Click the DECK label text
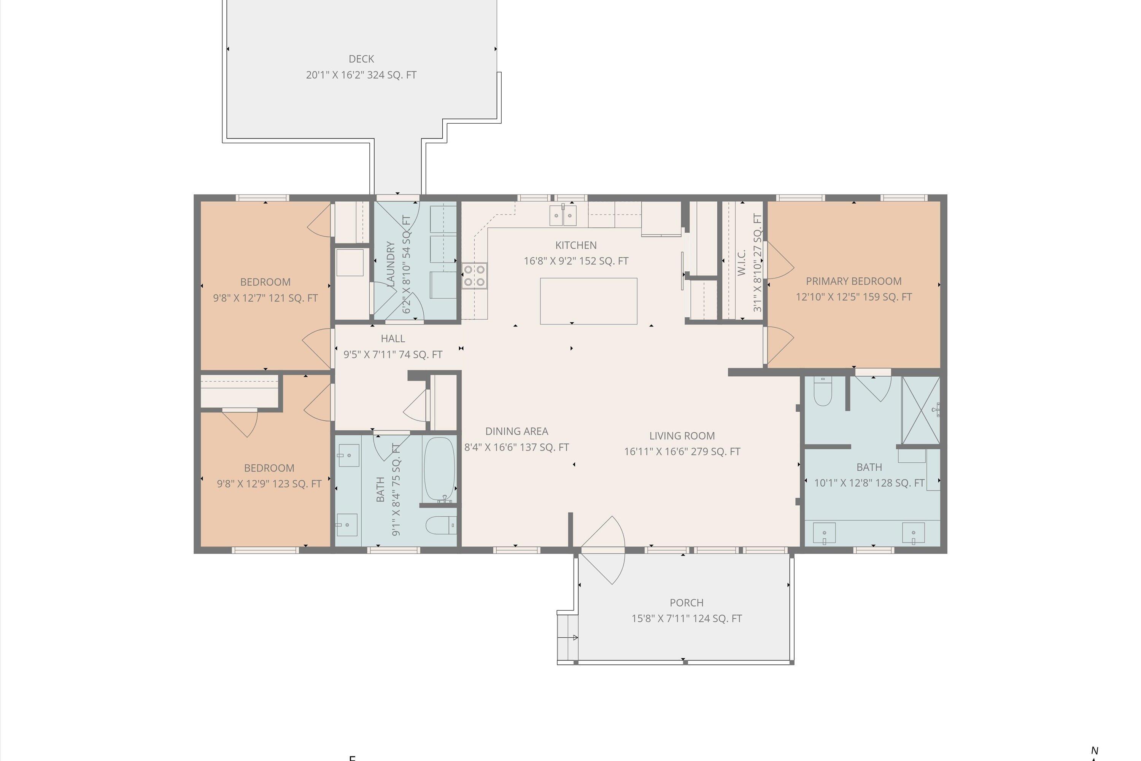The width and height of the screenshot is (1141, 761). [x=361, y=59]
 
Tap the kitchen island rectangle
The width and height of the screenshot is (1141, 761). [x=588, y=301]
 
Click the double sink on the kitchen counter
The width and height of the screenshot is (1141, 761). [x=563, y=215]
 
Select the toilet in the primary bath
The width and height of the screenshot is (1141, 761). [x=822, y=392]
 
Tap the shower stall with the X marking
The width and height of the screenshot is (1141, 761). [x=920, y=411]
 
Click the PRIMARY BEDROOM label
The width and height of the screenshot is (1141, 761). [x=853, y=281]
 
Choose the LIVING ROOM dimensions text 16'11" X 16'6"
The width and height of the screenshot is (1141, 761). [x=682, y=451]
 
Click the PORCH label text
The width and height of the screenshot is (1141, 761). [x=686, y=602]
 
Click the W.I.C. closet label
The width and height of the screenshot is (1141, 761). [x=741, y=263]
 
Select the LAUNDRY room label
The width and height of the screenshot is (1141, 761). [x=391, y=264]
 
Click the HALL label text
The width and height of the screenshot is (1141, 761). [x=393, y=338]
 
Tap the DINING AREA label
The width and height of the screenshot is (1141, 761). [x=516, y=431]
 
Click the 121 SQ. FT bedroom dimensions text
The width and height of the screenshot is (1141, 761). [x=265, y=298]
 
